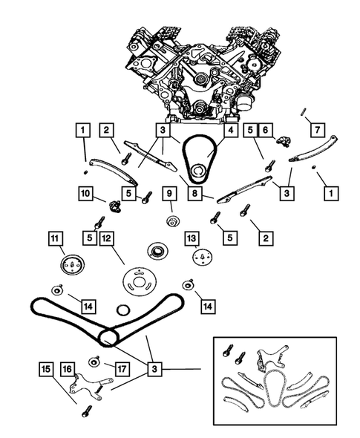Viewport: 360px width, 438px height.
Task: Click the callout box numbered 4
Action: (231, 130)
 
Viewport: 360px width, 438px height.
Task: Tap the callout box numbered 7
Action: (318, 130)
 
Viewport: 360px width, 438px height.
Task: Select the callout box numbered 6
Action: (265, 130)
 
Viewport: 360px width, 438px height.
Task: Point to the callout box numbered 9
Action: (169, 193)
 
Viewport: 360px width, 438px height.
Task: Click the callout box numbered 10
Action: (86, 193)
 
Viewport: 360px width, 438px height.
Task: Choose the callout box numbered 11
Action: (55, 238)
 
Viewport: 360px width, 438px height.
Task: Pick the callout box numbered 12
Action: (107, 238)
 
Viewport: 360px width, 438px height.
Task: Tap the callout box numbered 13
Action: (192, 238)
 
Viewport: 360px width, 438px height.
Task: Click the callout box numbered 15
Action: (46, 369)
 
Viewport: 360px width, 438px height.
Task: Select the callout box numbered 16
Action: (68, 369)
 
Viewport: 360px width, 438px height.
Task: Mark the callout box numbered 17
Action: (122, 369)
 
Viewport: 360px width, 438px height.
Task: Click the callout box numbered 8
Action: (194, 193)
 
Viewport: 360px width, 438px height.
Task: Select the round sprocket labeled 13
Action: (203, 257)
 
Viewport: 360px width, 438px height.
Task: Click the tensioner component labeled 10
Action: (114, 206)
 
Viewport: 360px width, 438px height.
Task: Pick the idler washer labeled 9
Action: (173, 221)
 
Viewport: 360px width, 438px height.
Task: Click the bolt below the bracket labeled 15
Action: (86, 411)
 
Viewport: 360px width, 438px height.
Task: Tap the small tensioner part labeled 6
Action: (284, 141)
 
